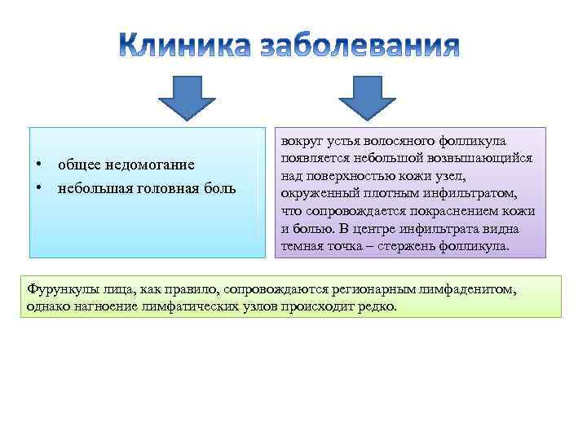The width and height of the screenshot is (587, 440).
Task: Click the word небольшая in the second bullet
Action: (90, 189)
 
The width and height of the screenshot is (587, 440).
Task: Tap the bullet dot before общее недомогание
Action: (38, 165)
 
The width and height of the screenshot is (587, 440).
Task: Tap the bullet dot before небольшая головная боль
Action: (38, 189)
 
